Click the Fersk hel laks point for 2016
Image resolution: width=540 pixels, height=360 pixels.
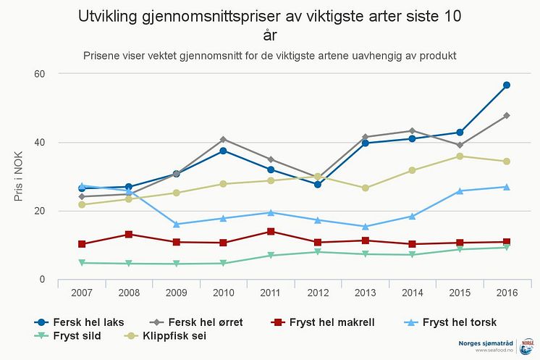507,85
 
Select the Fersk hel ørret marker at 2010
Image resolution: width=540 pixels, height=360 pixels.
223,139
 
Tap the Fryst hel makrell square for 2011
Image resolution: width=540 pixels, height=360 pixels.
270,232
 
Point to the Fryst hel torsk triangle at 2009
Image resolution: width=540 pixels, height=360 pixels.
176,224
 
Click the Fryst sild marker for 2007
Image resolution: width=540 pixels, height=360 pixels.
82,263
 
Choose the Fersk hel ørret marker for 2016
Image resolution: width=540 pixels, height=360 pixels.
507,115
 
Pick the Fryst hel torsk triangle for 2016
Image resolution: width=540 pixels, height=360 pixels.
507,187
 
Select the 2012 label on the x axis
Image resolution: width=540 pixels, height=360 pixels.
318,293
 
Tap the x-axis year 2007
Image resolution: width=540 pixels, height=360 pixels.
82,293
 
